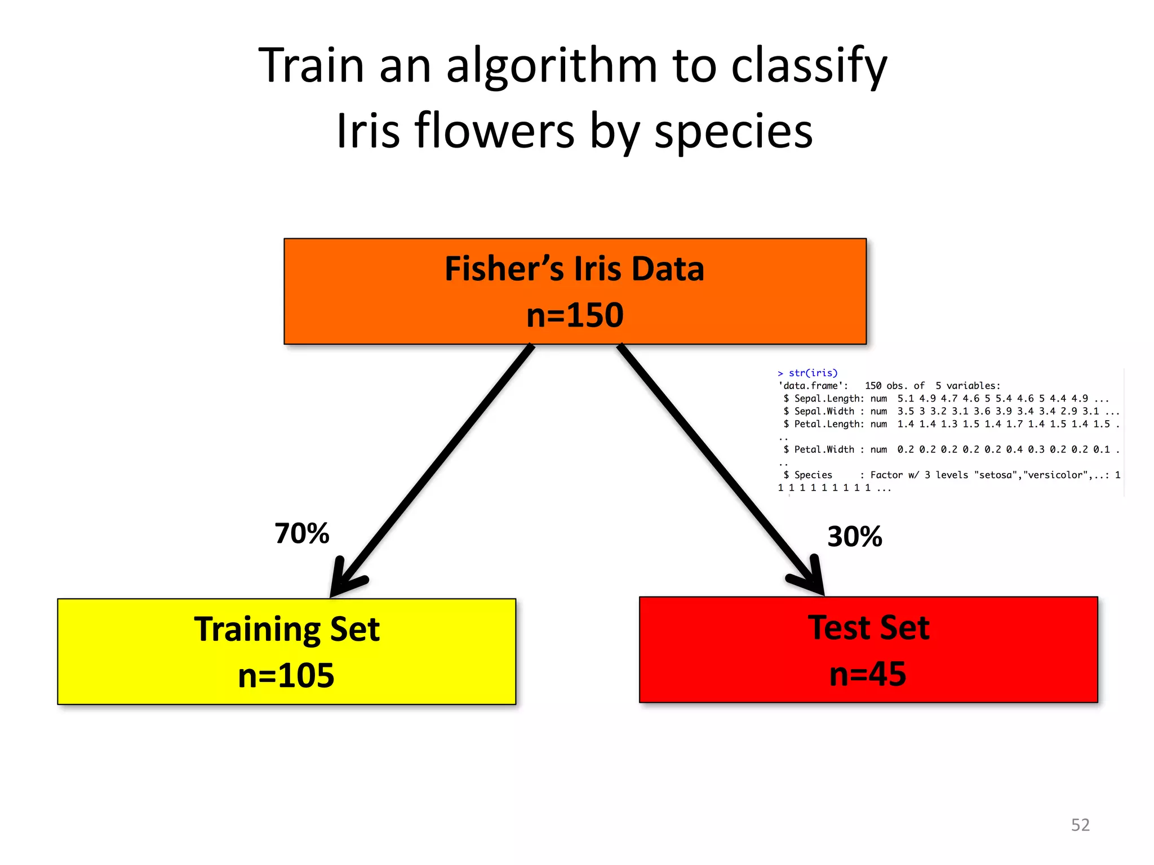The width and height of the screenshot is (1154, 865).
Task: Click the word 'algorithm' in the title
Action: coord(552,66)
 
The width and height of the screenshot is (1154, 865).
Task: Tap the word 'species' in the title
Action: coord(733,131)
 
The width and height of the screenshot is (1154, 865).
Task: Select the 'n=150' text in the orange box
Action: coord(575,315)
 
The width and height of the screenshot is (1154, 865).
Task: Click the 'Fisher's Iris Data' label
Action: coord(574,269)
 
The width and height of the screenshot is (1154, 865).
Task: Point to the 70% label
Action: coord(302,533)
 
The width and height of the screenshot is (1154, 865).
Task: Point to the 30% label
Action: coord(854,536)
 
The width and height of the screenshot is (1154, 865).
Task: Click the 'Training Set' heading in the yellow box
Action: coord(287,629)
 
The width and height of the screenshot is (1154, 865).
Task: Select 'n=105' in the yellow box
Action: coord(286,675)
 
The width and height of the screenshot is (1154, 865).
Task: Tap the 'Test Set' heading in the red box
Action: coord(868,627)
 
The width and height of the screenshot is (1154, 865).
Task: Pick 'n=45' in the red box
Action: coord(868,674)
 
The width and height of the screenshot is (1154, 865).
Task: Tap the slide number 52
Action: coord(1080,825)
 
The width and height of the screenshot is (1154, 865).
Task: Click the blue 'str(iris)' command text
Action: coord(813,373)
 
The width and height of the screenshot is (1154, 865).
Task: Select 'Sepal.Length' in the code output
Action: coord(828,399)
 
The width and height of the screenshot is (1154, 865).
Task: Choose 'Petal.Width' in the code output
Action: coord(824,449)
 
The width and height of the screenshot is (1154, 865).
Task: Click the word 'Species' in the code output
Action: coord(813,475)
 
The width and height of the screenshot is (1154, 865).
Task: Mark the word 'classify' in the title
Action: coord(809,66)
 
